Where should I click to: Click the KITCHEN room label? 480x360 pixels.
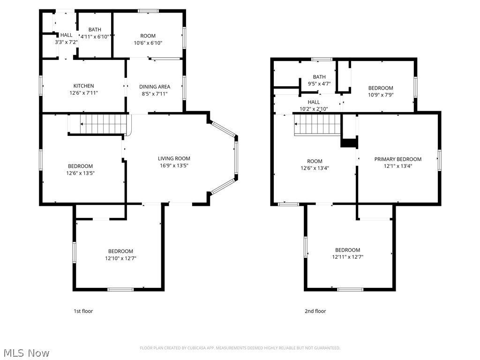[83, 86]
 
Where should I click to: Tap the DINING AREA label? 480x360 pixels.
[155, 87]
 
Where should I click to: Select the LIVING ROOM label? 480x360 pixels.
[174, 158]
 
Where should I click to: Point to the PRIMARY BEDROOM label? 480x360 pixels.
[397, 159]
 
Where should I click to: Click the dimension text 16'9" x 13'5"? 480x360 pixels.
[174, 165]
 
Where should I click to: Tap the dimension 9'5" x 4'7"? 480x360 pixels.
[319, 84]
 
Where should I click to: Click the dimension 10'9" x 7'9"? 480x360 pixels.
[380, 95]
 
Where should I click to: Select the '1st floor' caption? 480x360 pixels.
[83, 311]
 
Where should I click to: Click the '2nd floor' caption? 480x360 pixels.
[315, 311]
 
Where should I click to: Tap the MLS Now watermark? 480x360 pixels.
[26, 352]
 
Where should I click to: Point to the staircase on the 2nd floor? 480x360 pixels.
[317, 125]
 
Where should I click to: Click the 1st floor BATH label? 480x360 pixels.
[95, 30]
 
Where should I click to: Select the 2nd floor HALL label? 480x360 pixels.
[314, 102]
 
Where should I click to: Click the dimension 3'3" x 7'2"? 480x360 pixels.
[66, 42]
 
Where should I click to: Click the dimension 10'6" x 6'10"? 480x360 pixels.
[148, 43]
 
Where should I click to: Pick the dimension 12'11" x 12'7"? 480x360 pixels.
[347, 257]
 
